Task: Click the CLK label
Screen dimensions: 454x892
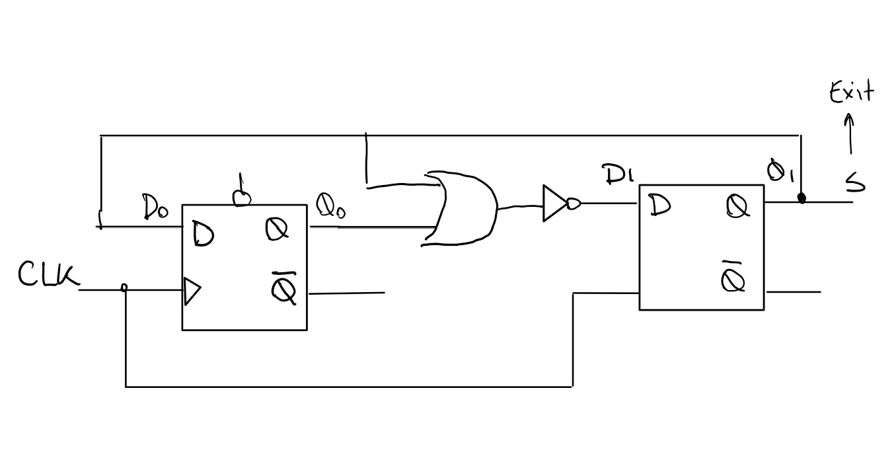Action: tap(48, 275)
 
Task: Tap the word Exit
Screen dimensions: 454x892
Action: tap(851, 93)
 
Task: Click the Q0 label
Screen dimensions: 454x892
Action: tap(331, 206)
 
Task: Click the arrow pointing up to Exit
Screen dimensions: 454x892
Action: tap(850, 134)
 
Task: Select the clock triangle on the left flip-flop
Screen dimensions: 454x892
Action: tap(192, 291)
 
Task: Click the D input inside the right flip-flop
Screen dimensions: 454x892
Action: tap(659, 206)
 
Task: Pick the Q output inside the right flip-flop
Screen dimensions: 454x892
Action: tap(738, 207)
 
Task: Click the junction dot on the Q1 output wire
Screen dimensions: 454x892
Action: tap(802, 198)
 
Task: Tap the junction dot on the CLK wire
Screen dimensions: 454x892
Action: tap(125, 288)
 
